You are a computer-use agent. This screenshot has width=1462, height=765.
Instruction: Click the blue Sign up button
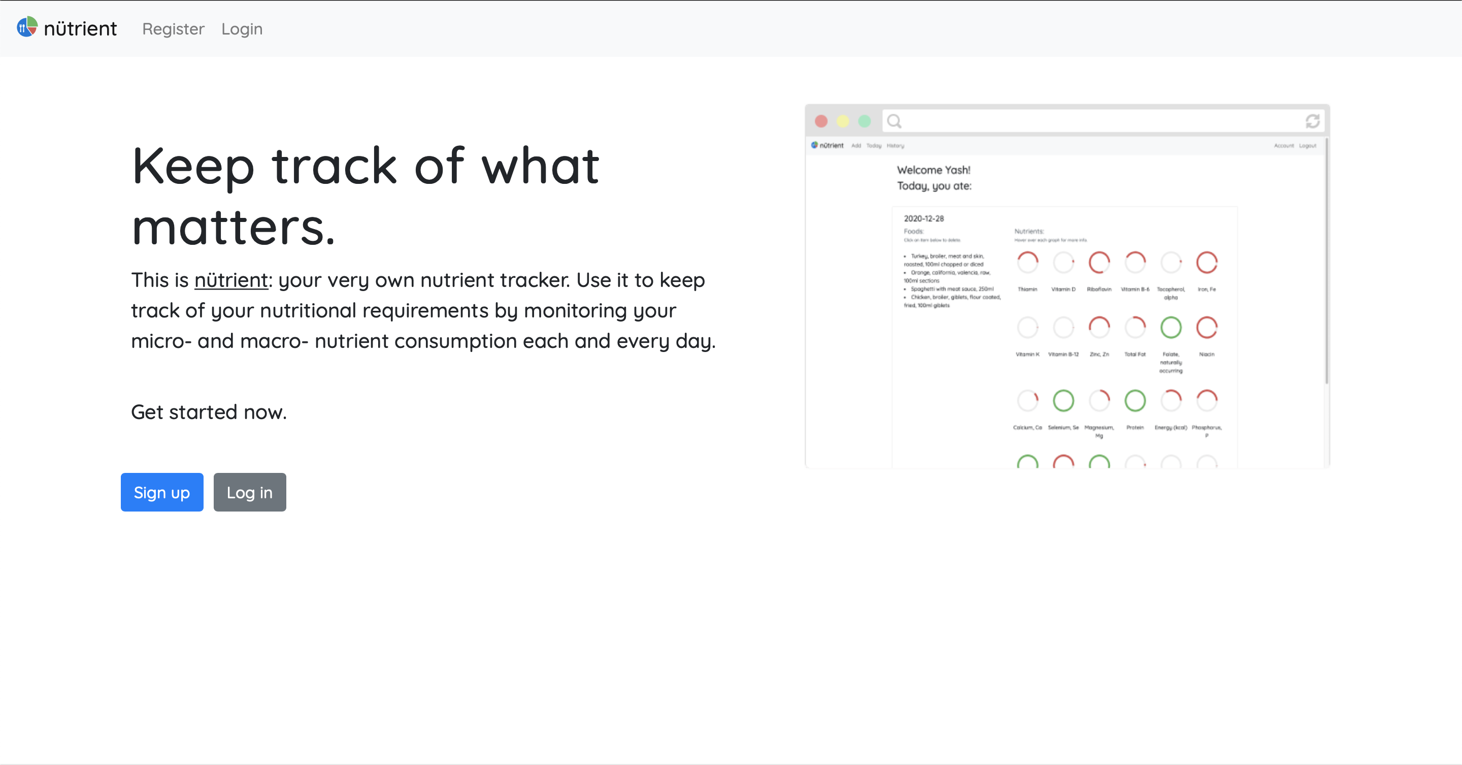[x=162, y=492]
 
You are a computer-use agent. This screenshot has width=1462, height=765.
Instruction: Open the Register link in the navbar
[x=173, y=29]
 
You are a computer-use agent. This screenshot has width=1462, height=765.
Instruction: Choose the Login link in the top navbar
[x=242, y=29]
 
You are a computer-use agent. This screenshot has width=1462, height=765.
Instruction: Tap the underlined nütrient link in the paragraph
[x=231, y=280]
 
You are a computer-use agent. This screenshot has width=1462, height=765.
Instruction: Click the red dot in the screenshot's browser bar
[x=821, y=121]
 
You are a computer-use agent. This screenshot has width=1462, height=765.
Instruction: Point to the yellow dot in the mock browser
[x=843, y=121]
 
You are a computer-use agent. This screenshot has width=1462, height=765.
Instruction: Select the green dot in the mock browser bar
[x=865, y=121]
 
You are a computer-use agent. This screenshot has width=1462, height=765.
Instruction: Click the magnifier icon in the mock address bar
[x=894, y=121]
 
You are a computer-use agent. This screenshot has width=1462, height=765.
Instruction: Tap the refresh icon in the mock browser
[x=1312, y=121]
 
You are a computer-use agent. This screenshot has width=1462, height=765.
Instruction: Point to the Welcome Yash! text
[x=934, y=170]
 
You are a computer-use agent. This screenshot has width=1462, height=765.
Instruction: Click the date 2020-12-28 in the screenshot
[x=924, y=218]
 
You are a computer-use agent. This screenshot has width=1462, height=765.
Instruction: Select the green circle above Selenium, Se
[x=1063, y=401]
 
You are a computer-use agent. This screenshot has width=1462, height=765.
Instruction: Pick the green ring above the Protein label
[x=1135, y=401]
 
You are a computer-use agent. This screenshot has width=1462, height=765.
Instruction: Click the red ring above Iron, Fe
[x=1207, y=263]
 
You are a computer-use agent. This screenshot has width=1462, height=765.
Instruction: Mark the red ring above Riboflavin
[x=1099, y=263]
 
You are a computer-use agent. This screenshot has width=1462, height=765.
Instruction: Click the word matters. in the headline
[x=234, y=228]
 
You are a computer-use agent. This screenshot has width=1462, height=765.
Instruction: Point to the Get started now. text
[x=209, y=412]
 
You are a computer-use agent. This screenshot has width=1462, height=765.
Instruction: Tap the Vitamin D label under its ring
[x=1063, y=290]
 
